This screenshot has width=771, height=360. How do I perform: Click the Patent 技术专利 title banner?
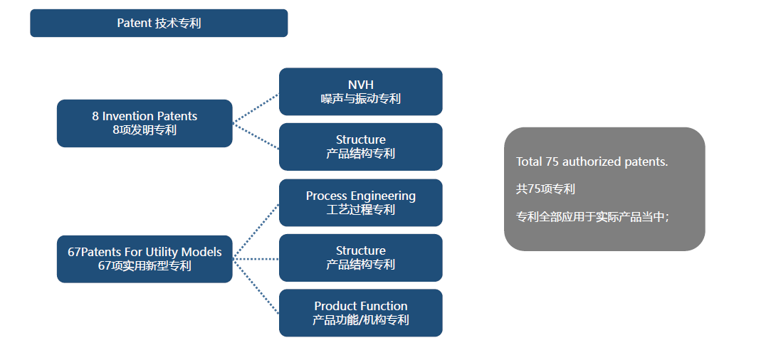click(x=159, y=23)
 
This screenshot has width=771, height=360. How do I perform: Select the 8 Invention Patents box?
click(x=145, y=123)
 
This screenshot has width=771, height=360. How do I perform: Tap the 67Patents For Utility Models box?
click(x=145, y=259)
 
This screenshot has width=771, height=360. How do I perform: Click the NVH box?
click(x=360, y=91)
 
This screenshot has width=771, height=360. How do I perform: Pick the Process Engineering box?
click(x=360, y=203)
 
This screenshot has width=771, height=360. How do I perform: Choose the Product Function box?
click(x=360, y=313)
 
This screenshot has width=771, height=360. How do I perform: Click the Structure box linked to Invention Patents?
click(x=360, y=147)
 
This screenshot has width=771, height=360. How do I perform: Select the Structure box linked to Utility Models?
click(x=360, y=258)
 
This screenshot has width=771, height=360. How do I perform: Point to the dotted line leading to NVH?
click(x=256, y=108)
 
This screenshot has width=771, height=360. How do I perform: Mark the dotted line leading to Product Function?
click(x=256, y=286)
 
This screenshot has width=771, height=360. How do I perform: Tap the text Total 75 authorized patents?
click(x=592, y=162)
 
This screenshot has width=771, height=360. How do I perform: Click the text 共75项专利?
click(x=545, y=189)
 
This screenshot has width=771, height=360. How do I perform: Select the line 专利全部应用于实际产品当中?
click(x=592, y=217)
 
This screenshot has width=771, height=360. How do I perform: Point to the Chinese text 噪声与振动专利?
click(x=360, y=99)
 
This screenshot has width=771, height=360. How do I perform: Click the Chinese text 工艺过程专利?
click(x=360, y=210)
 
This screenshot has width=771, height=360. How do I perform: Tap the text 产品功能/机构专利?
click(x=360, y=320)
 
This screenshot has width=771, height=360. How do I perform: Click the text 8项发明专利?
click(x=145, y=130)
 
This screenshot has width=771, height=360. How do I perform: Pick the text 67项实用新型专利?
click(x=145, y=266)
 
